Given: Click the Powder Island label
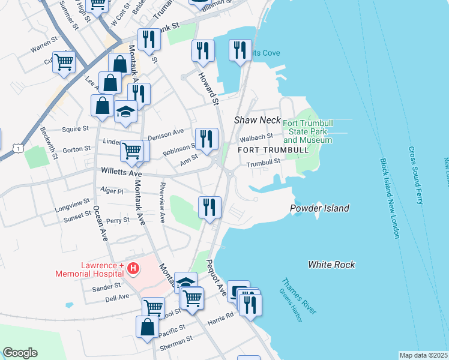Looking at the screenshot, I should (319, 209).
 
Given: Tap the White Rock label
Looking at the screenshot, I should (331, 264).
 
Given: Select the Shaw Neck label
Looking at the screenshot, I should (257, 120).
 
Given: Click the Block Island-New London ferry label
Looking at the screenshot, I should (389, 198).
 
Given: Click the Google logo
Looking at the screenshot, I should (20, 353).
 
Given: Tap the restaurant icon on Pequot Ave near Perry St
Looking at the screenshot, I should (209, 208).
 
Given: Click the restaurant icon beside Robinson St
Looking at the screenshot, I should (206, 139).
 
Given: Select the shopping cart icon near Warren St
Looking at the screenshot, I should (64, 61).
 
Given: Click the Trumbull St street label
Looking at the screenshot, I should (263, 162).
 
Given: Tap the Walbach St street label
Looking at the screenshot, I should (261, 137).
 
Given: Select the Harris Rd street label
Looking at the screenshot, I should (221, 318).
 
